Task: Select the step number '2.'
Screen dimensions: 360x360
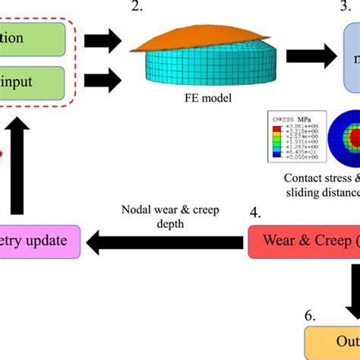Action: click(136, 8)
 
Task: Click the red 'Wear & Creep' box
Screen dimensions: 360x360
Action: click(304, 242)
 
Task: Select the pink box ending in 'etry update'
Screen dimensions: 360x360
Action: click(39, 242)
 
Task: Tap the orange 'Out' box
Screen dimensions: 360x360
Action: click(333, 344)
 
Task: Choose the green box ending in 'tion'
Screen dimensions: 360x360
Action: click(30, 37)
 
